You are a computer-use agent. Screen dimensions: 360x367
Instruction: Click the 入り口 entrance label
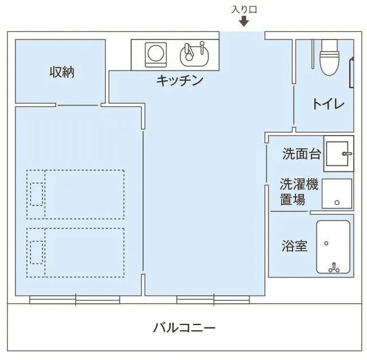(243, 9)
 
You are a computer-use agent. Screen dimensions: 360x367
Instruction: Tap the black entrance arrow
(244, 22)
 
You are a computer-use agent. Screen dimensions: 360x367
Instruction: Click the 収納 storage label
(61, 73)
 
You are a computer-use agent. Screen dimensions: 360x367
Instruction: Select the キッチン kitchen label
(180, 81)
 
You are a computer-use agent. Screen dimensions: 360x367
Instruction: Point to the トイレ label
(328, 104)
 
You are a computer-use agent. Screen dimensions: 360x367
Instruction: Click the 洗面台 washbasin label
(301, 154)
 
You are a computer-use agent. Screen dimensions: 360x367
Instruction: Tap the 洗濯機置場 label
(299, 192)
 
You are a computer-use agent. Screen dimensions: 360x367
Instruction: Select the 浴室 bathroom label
(295, 246)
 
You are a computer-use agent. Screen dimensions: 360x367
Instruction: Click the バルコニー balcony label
(184, 329)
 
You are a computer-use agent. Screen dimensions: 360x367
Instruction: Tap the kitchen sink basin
(195, 54)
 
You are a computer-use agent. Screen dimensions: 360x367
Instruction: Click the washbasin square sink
(339, 153)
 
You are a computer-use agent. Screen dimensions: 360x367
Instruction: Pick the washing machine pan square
(337, 193)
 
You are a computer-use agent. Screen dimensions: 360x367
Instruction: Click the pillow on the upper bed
(36, 193)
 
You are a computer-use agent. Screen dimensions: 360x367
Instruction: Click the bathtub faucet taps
(334, 266)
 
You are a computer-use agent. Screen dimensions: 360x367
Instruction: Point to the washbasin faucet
(346, 153)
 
